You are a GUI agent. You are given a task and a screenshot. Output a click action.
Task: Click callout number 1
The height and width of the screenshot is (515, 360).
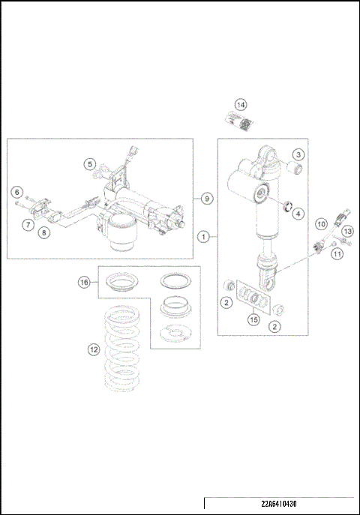pyautogui.click(x=202, y=236)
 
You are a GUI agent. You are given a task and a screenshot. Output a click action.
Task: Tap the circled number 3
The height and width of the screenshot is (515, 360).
pyautogui.click(x=298, y=154)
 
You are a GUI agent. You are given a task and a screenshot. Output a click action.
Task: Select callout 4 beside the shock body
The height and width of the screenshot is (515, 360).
pyautogui.click(x=298, y=214)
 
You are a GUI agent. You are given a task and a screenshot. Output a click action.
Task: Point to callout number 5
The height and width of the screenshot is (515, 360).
pyautogui.click(x=89, y=164)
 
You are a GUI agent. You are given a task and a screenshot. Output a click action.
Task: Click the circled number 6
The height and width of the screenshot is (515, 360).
pyautogui.click(x=17, y=193)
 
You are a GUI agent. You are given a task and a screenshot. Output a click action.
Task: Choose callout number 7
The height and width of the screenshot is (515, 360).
pyautogui.click(x=26, y=224)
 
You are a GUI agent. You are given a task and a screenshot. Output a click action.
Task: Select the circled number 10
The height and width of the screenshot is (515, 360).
pyautogui.click(x=320, y=224)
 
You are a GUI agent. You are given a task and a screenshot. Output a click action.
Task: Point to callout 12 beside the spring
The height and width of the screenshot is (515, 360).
pyautogui.click(x=93, y=348)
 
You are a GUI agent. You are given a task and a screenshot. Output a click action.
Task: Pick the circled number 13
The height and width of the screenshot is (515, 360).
pyautogui.click(x=347, y=232)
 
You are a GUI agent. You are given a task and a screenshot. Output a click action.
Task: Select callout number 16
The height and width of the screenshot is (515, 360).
pyautogui.click(x=85, y=282)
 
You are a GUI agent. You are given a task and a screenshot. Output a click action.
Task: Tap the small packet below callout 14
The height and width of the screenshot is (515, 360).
pyautogui.click(x=238, y=120)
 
